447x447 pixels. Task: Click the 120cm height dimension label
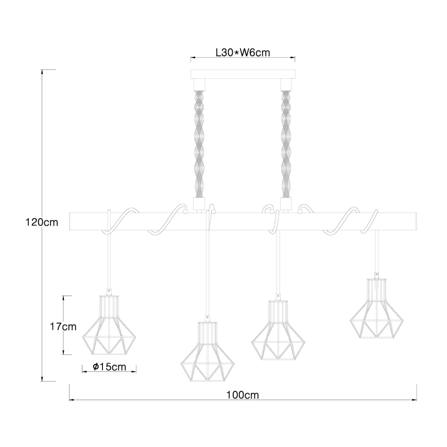pyautogui.click(x=42, y=222)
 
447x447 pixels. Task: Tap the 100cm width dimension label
pyautogui.click(x=243, y=395)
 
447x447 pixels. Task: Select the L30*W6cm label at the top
pyautogui.click(x=243, y=53)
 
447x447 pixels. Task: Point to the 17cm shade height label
pyautogui.click(x=63, y=326)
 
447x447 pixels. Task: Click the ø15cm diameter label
pyautogui.click(x=110, y=367)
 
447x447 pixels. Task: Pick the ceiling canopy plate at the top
pyautogui.click(x=243, y=74)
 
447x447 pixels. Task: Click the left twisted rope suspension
pyautogui.click(x=199, y=144)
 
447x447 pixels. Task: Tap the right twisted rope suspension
pyautogui.click(x=286, y=144)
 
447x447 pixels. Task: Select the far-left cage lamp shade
pyautogui.click(x=109, y=325)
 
